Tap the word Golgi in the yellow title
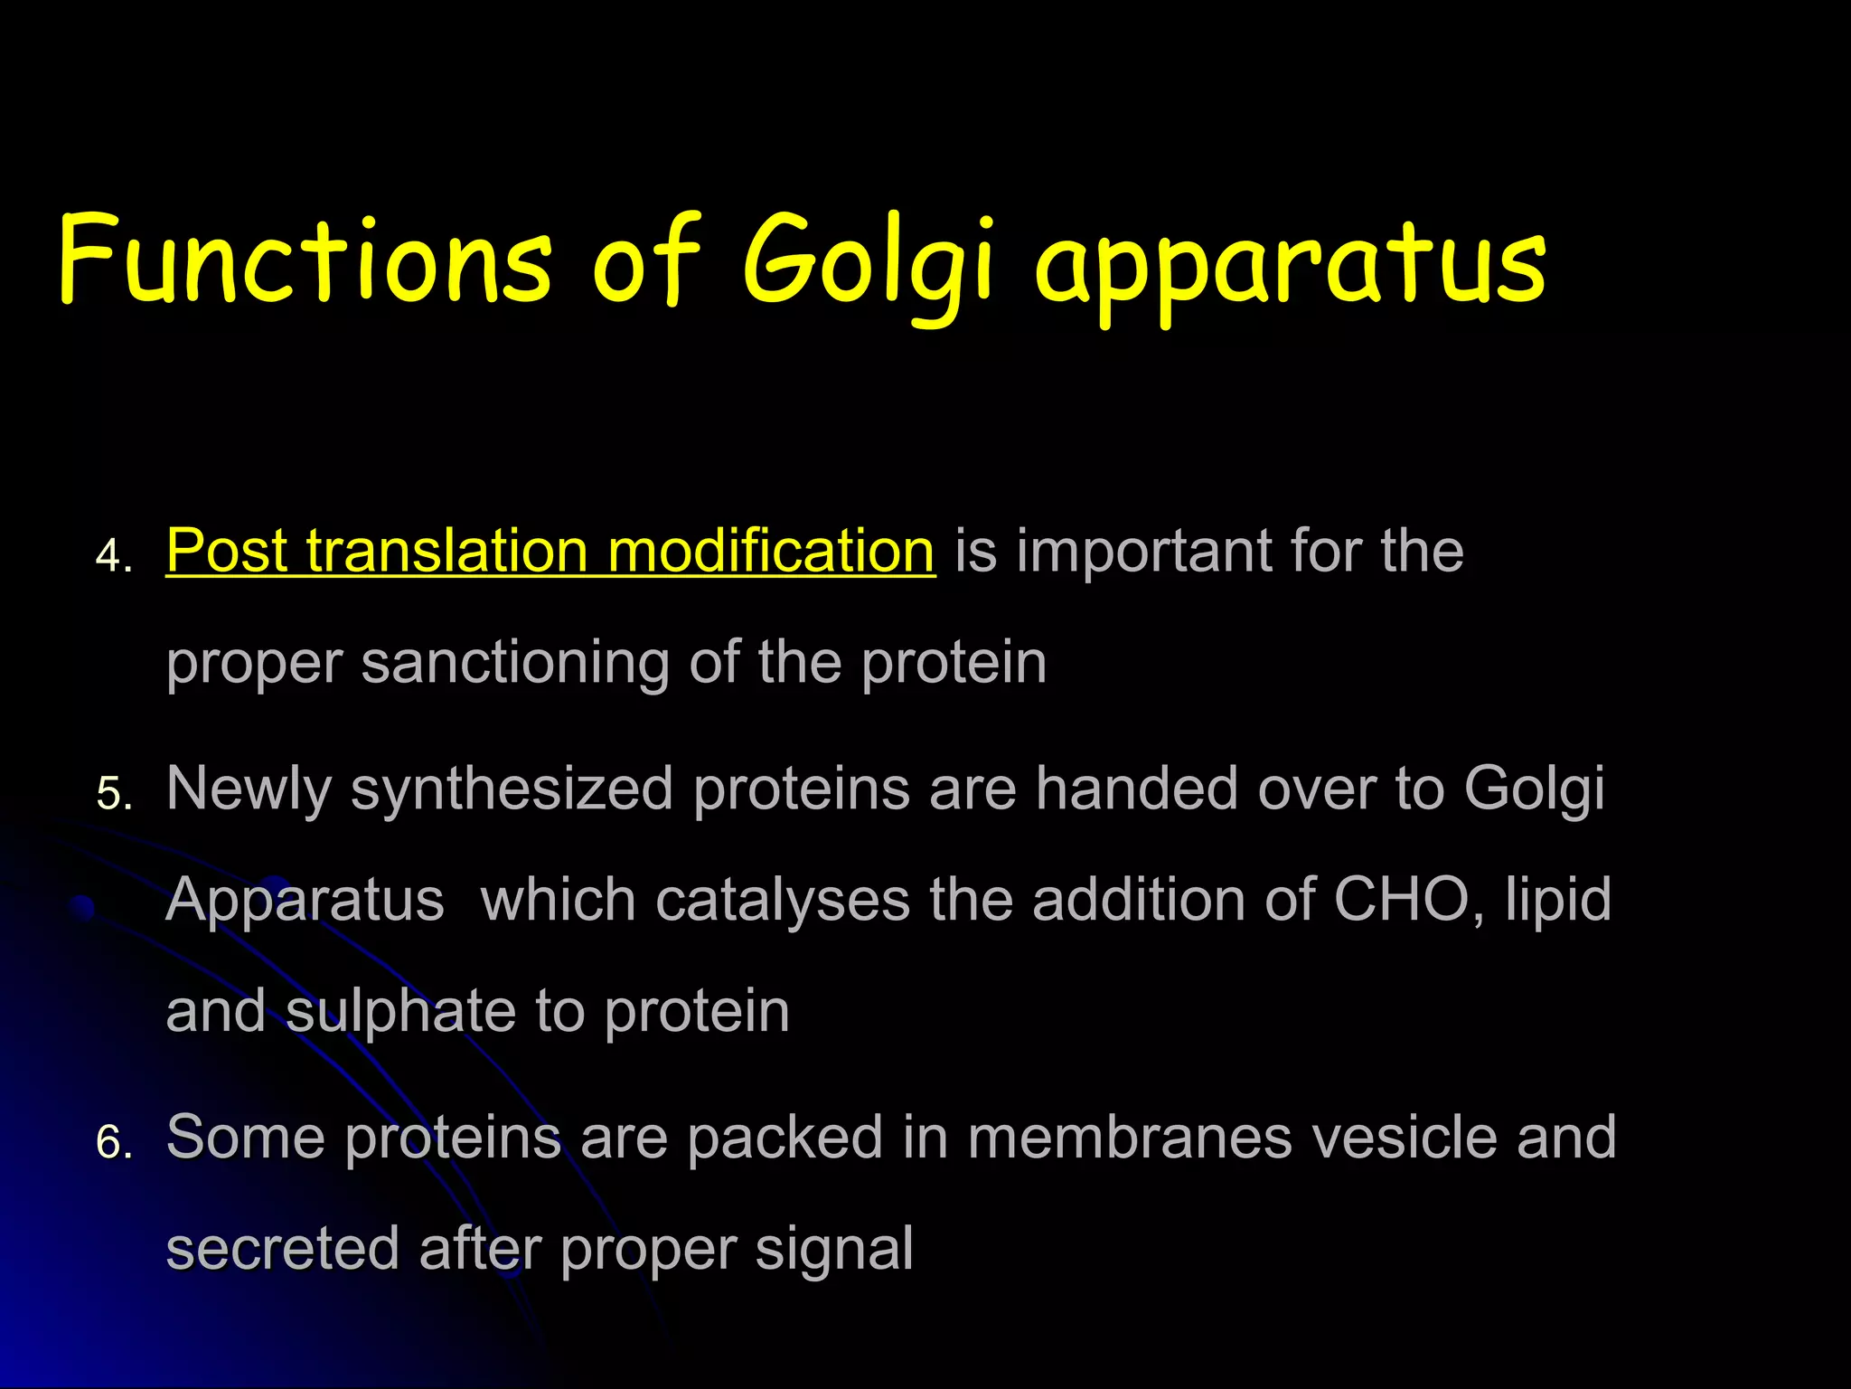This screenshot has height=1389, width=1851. point(868,262)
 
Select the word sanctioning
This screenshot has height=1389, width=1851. point(515,664)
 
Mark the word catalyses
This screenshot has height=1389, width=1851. point(783,901)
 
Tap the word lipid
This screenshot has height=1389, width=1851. point(1558,901)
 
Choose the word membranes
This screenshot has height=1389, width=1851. point(1130,1138)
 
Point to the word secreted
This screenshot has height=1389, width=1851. point(283,1250)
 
